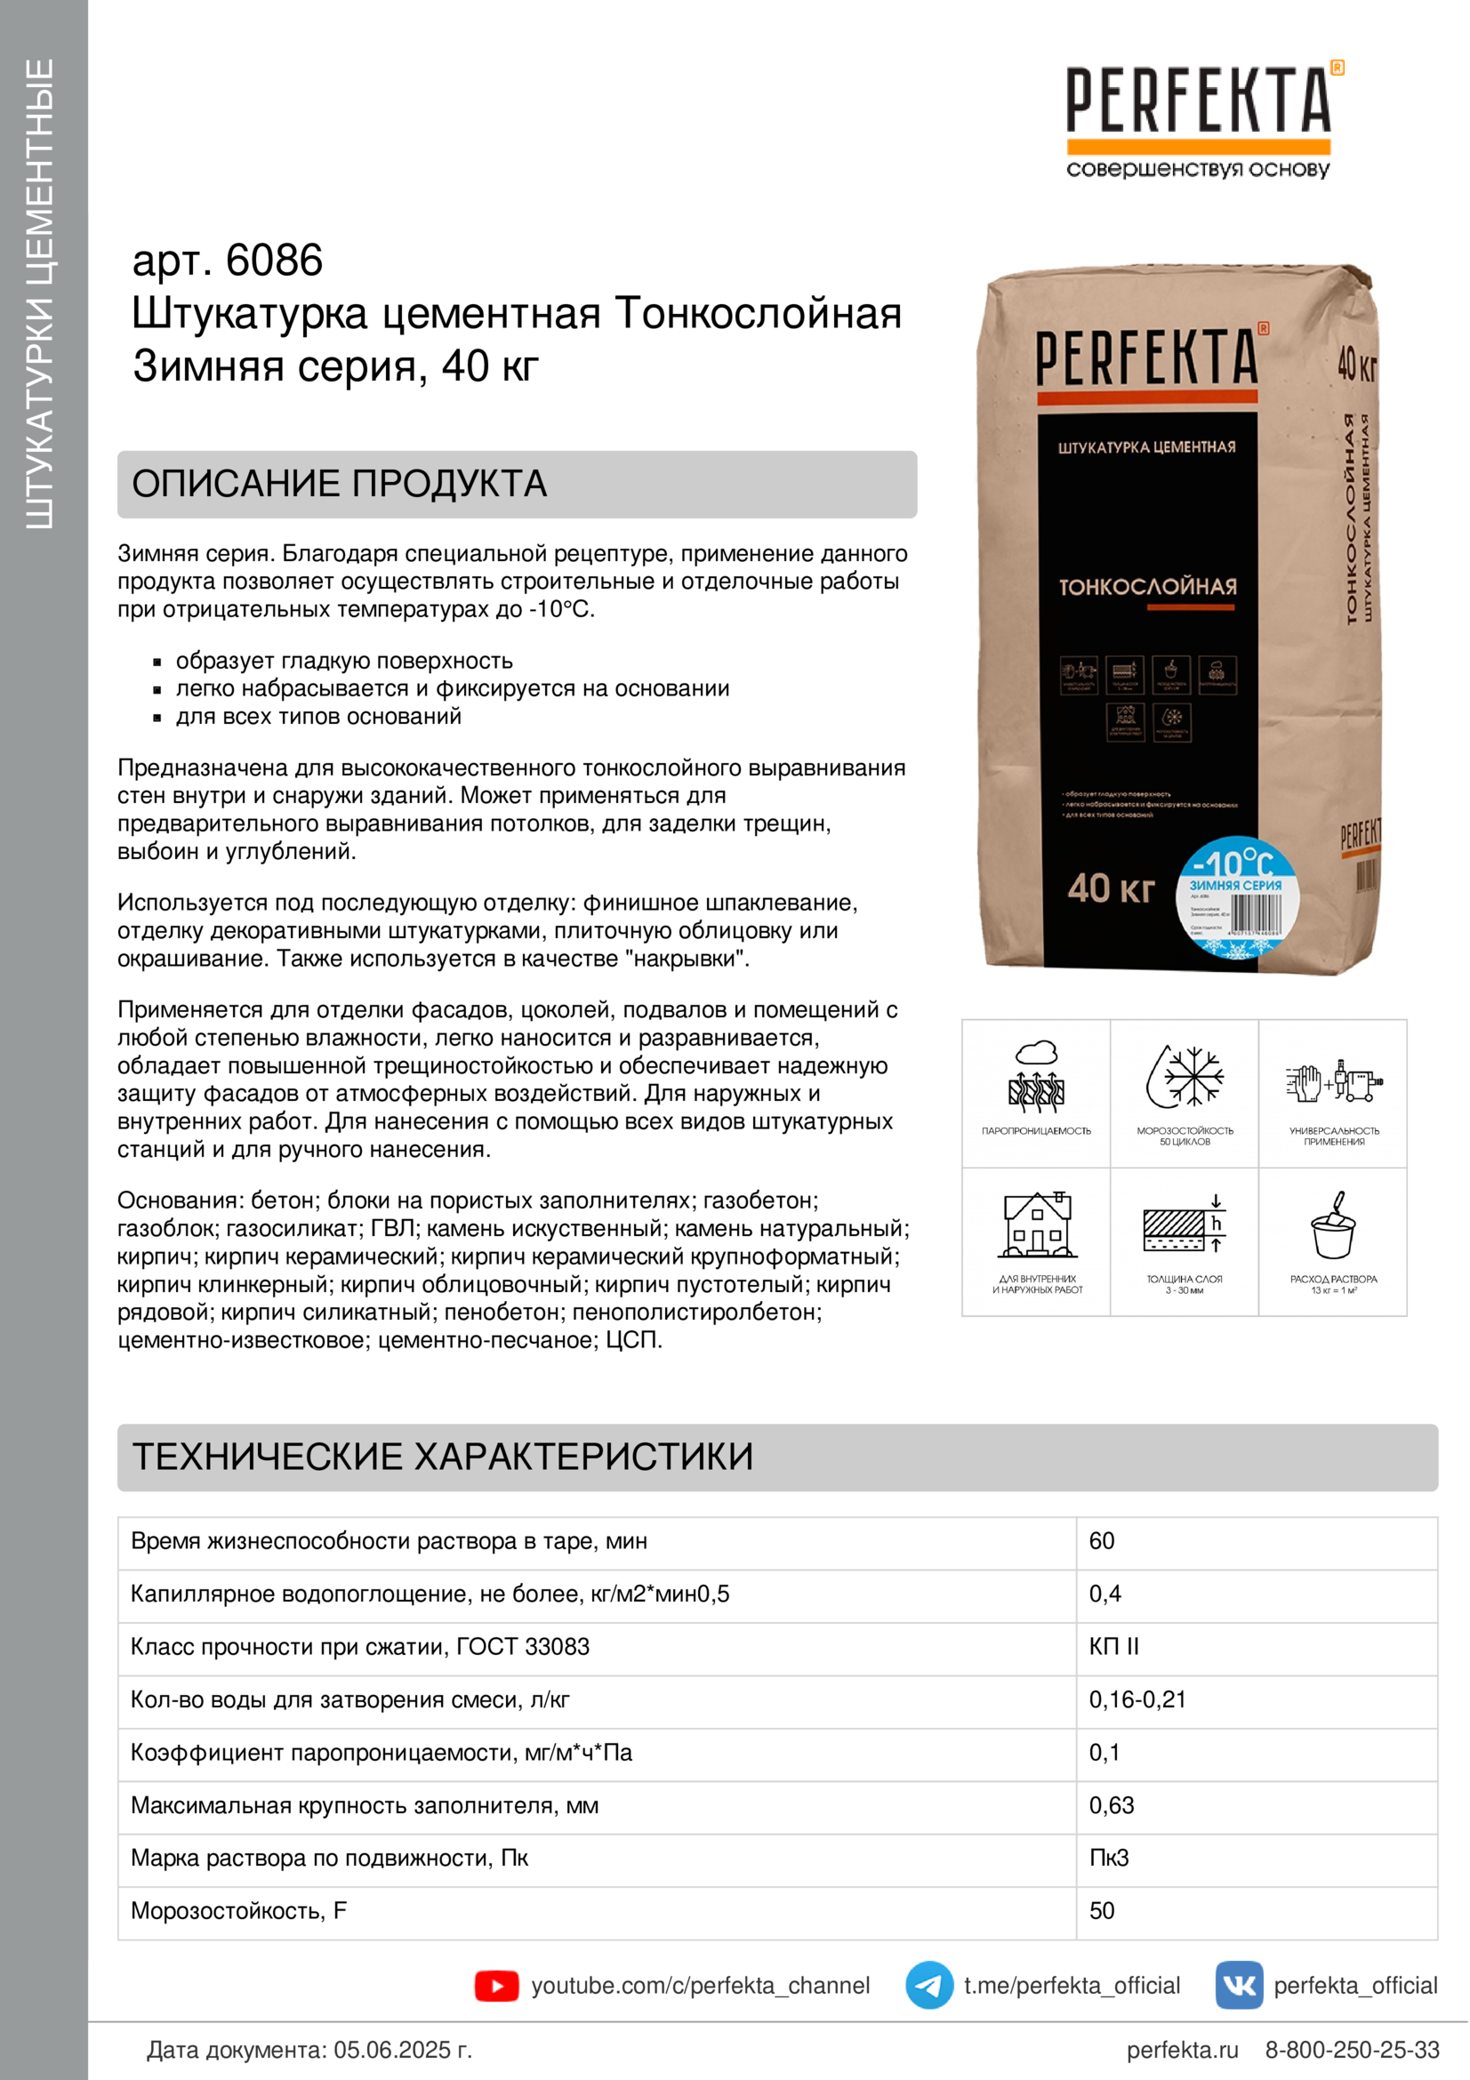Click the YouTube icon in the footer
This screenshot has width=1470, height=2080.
tap(496, 1986)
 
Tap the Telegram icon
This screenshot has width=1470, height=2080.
tap(928, 1986)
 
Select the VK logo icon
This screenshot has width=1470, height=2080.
tap(1238, 1986)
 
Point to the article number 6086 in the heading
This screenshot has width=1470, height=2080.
tap(274, 261)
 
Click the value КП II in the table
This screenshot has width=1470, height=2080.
tap(1113, 1647)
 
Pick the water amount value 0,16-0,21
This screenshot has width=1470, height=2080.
tap(1137, 1699)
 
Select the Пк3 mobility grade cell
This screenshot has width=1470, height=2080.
tap(1109, 1858)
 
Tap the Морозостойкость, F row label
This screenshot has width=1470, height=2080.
tap(238, 1910)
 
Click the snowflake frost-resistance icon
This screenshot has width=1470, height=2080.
tap(1185, 1077)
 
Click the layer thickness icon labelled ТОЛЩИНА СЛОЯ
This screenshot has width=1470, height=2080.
tap(1185, 1225)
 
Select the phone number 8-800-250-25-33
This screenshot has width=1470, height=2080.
tap(1352, 2049)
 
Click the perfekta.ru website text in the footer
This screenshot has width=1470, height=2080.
tap(1182, 2049)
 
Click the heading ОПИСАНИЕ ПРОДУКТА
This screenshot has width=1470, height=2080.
tap(340, 484)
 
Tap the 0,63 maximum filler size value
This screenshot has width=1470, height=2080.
tap(1112, 1805)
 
